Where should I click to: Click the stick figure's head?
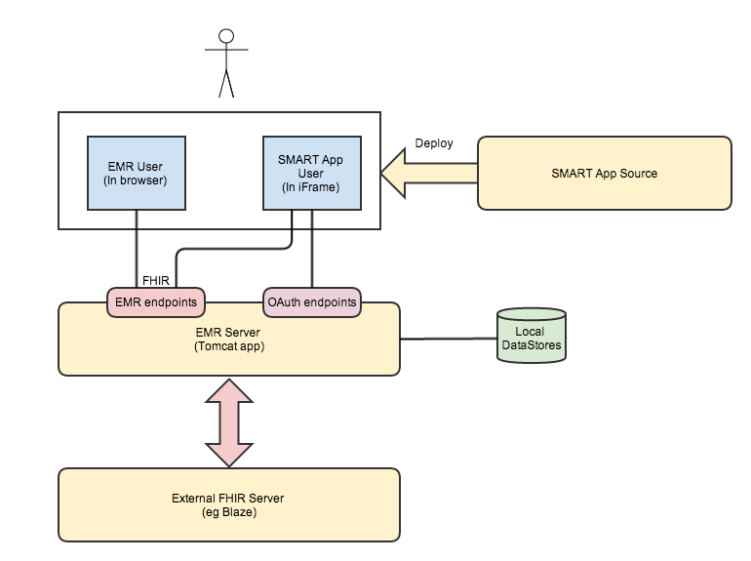tap(227, 36)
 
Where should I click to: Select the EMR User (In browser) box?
tap(137, 173)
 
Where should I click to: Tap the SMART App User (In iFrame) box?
tap(311, 173)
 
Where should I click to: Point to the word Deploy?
tap(434, 142)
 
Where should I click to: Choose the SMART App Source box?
tap(604, 173)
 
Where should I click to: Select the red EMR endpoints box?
tap(155, 302)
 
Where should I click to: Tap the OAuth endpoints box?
tap(311, 302)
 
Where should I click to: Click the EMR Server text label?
tap(228, 332)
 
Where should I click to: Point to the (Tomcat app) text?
tap(228, 345)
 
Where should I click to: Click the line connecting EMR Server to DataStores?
tap(448, 339)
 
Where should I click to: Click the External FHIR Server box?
tap(228, 504)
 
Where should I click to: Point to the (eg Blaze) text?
tap(228, 512)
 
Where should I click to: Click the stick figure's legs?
tap(227, 84)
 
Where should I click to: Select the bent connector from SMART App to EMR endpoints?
tap(234, 249)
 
